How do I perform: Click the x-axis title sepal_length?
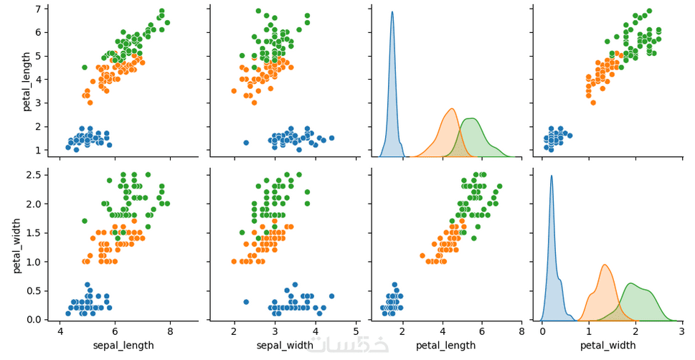123,345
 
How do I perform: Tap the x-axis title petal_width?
607,345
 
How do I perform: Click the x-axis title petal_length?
446,345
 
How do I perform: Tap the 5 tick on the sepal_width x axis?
356,331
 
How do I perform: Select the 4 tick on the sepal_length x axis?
60,331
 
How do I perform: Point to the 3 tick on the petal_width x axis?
681,331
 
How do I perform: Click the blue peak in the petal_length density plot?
392,12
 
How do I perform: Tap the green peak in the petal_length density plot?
471,118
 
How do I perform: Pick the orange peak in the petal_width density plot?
605,265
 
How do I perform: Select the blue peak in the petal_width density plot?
552,176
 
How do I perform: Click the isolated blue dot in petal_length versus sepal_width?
246,143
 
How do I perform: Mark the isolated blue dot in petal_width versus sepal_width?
246,302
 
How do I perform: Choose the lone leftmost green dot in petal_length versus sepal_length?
85,67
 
